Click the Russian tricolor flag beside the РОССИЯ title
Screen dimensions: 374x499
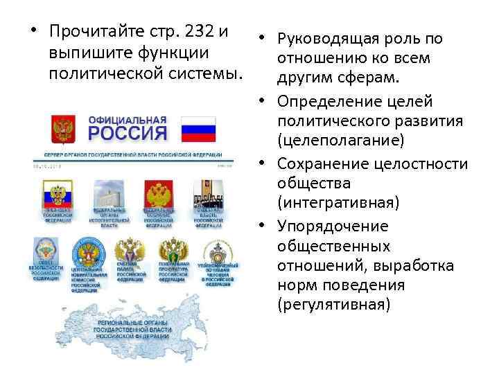(198, 129)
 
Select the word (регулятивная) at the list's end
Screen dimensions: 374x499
(333, 305)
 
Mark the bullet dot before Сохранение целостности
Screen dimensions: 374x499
(266, 163)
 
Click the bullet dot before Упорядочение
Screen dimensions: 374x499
(266, 226)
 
